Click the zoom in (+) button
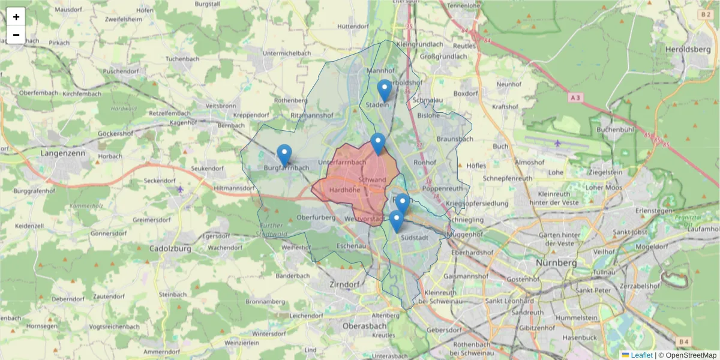click(16, 17)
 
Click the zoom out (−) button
click(16, 35)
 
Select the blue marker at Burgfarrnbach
click(284, 155)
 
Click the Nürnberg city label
click(558, 263)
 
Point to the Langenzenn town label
click(62, 153)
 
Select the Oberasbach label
click(364, 325)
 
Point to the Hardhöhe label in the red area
click(341, 190)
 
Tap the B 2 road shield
click(706, 14)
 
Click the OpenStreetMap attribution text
click(691, 355)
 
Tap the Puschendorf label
click(120, 71)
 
